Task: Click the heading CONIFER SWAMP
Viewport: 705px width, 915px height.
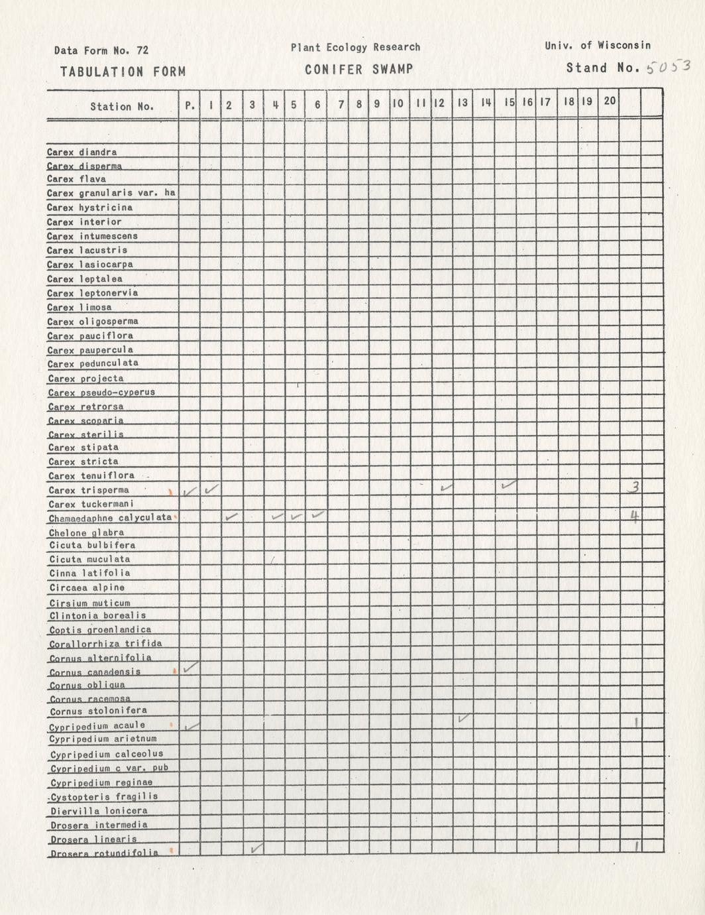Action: click(359, 70)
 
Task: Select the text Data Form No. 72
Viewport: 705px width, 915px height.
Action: click(101, 50)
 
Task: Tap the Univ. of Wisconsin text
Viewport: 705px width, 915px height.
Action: click(598, 46)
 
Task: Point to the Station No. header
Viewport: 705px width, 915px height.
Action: click(122, 106)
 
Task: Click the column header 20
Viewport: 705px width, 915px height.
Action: click(610, 101)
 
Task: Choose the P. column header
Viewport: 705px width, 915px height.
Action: click(190, 105)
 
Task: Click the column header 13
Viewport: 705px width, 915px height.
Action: click(462, 103)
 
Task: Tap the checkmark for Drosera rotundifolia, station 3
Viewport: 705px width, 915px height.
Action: click(257, 847)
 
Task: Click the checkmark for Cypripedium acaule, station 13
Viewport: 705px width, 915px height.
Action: click(464, 718)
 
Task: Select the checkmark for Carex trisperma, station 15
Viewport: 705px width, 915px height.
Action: click(509, 485)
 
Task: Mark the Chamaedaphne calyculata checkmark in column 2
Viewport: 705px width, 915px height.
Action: click(233, 516)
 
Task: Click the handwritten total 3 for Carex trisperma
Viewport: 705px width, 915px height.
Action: click(634, 487)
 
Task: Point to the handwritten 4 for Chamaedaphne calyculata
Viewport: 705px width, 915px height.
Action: click(634, 517)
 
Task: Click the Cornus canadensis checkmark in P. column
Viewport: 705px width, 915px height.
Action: click(190, 668)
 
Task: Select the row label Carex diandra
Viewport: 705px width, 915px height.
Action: click(82, 152)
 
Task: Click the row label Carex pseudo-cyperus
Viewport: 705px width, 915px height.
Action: click(101, 392)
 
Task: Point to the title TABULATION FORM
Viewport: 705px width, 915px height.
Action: click(123, 72)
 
